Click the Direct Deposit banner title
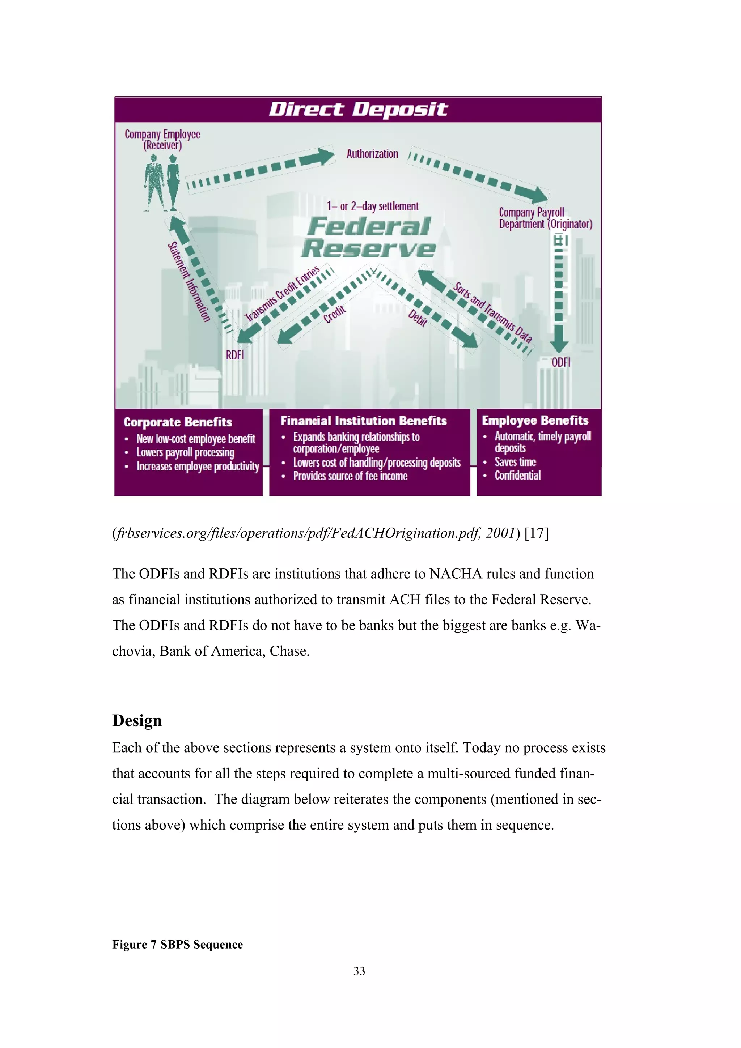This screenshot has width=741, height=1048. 359,110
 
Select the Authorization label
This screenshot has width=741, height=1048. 372,154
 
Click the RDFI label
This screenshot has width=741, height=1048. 235,355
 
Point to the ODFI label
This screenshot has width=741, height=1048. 561,362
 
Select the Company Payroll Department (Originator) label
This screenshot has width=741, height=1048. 545,218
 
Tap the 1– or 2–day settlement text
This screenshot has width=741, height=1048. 373,206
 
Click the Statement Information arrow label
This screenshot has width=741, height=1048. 189,282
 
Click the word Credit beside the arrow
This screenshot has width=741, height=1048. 335,315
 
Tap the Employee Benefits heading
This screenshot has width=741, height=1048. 535,420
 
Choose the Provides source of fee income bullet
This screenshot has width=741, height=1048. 350,476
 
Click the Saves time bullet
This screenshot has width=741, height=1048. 515,462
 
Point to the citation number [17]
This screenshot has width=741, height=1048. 537,533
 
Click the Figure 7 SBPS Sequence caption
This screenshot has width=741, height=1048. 178,944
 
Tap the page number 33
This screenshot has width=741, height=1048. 359,971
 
